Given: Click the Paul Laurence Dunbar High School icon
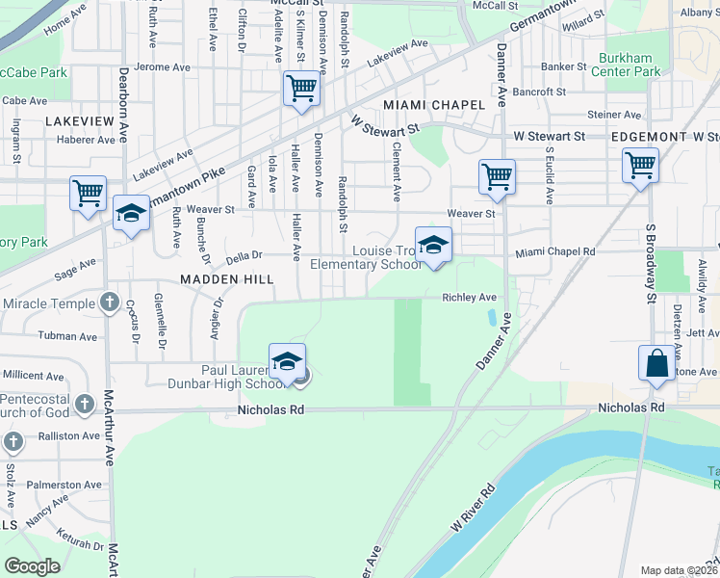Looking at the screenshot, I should coord(287,362).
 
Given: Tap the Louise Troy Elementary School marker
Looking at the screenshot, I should coord(433,244).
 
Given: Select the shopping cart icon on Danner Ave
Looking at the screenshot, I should coord(497,176).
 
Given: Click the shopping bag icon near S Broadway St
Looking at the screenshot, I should coord(656,364).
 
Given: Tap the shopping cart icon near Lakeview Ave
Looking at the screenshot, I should coord(301,89).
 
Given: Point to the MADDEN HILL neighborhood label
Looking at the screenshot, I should coord(226,278).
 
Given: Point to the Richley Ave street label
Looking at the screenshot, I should coord(469,298).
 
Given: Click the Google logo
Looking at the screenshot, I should coord(33,566).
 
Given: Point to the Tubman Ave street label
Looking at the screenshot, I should coord(67,337).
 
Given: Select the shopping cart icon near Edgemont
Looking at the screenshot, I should coord(640,165).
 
